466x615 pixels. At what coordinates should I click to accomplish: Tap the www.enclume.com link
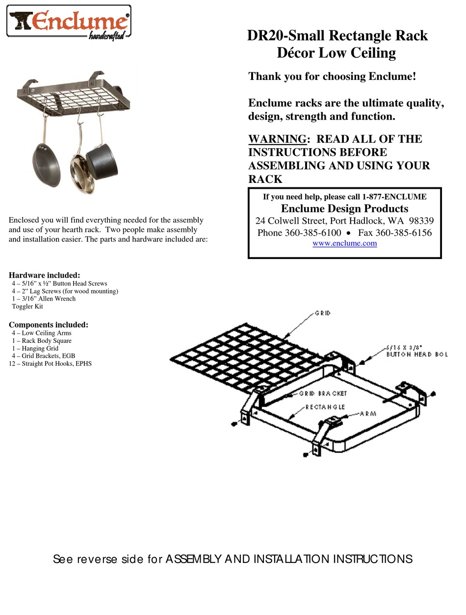(x=344, y=243)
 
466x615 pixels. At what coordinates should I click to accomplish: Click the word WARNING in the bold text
(x=277, y=139)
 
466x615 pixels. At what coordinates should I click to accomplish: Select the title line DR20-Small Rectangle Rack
(x=337, y=36)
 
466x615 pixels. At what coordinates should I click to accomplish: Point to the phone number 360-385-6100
(x=313, y=232)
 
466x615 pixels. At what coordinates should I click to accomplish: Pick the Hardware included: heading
(x=45, y=275)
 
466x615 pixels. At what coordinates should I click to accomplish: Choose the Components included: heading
(x=49, y=325)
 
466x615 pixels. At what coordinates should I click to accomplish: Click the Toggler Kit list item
(x=27, y=306)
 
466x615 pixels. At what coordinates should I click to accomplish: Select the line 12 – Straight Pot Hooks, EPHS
(x=50, y=364)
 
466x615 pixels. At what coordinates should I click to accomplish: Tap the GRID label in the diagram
(x=322, y=313)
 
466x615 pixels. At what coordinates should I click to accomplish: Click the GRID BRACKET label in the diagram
(x=323, y=393)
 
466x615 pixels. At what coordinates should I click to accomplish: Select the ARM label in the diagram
(x=368, y=413)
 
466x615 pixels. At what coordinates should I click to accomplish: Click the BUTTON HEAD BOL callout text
(x=417, y=354)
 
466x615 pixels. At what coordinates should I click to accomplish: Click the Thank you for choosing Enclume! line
(x=332, y=77)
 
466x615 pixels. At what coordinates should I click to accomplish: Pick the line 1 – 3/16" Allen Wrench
(x=44, y=298)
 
